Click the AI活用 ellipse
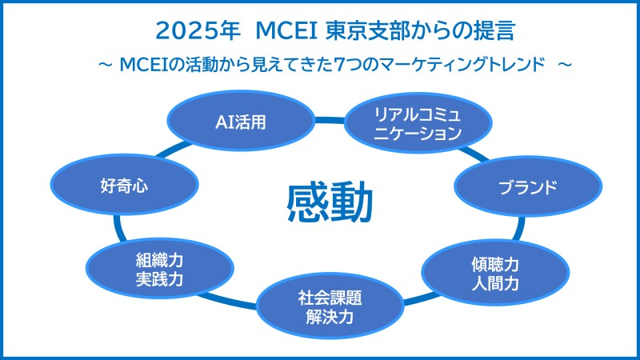click(x=241, y=121)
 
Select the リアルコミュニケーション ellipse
click(x=418, y=122)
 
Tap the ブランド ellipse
click(x=528, y=186)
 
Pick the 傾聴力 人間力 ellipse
click(x=495, y=272)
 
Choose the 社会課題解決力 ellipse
click(x=330, y=306)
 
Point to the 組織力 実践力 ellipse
click(x=159, y=269)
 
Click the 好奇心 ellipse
click(x=125, y=185)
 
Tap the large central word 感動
click(x=330, y=202)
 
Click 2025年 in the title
click(x=198, y=30)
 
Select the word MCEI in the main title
click(x=286, y=30)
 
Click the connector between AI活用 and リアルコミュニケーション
click(x=330, y=121)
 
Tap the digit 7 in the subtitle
click(x=338, y=65)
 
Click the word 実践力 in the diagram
click(x=159, y=279)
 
